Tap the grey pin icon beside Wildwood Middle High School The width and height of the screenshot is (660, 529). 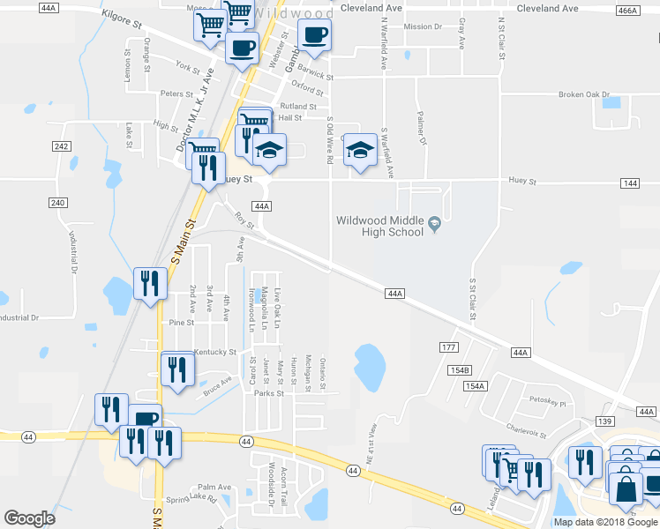[435, 227]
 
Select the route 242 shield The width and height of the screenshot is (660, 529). [61, 146]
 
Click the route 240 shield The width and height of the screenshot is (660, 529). [57, 203]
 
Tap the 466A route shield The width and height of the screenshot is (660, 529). [627, 10]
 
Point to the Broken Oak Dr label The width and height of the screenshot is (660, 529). [584, 94]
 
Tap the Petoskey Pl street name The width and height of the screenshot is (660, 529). [547, 401]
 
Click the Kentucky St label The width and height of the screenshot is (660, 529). [215, 352]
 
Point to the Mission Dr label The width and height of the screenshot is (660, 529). [422, 26]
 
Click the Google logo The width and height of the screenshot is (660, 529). [29, 518]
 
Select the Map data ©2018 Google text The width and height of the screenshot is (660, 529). [605, 522]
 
